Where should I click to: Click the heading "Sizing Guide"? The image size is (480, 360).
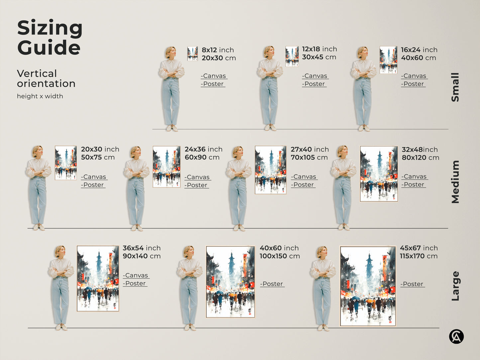[49, 38]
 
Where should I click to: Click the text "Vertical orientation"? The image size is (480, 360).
[46, 78]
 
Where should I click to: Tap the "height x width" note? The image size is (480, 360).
[40, 96]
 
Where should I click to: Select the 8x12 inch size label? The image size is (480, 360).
[218, 50]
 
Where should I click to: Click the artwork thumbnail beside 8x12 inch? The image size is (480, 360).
[192, 54]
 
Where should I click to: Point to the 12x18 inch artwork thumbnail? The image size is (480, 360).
[292, 56]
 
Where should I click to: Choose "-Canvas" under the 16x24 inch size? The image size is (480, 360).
[414, 76]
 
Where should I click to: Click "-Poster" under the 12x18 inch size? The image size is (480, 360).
[314, 84]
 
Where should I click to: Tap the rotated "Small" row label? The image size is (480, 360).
[455, 87]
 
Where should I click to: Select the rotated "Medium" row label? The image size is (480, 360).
[455, 182]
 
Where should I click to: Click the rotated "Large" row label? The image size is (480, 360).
[455, 286]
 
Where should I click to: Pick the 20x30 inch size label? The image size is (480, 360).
[100, 149]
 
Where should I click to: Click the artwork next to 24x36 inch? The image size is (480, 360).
[166, 167]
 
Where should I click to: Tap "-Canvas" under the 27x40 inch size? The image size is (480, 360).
[304, 177]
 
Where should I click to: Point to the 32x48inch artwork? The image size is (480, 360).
[379, 174]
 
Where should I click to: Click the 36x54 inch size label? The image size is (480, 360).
[142, 248]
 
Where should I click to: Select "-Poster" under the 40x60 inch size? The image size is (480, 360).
[272, 284]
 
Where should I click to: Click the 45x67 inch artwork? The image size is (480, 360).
[368, 286]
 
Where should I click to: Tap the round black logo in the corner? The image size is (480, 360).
[456, 337]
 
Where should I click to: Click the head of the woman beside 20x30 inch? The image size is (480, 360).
[37, 151]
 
